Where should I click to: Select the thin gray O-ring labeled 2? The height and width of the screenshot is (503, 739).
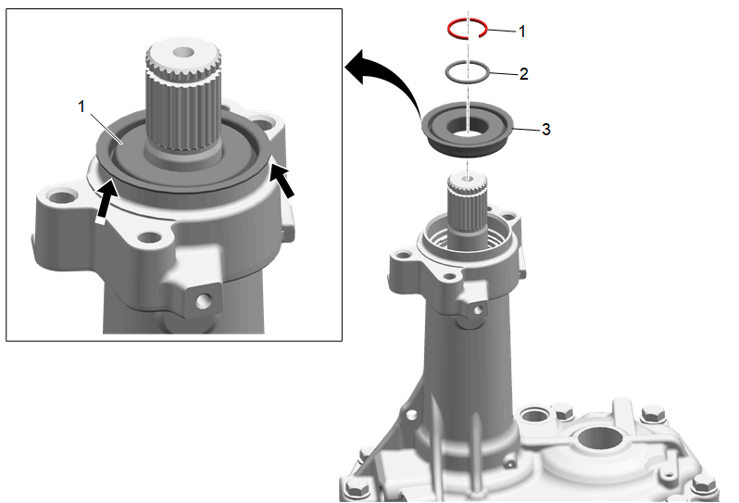pos(447,73)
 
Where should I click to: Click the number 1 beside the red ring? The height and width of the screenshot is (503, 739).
pos(521,31)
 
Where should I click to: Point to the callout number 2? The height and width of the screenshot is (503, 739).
pos(523,74)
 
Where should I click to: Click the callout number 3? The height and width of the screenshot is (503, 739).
pos(545,129)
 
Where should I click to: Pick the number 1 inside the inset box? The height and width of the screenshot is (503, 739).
pos(81,107)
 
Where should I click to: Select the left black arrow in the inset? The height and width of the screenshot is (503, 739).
pos(106,200)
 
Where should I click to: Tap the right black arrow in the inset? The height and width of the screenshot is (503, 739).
pos(282,181)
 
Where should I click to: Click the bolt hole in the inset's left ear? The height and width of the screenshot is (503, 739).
pos(60,196)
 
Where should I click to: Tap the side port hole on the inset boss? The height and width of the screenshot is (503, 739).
pos(203,301)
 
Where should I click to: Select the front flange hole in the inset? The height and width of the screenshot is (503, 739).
pos(149,237)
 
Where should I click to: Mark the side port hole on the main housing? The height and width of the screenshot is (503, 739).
pos(478,310)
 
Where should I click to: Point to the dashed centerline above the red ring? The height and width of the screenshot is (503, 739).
pos(468,15)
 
